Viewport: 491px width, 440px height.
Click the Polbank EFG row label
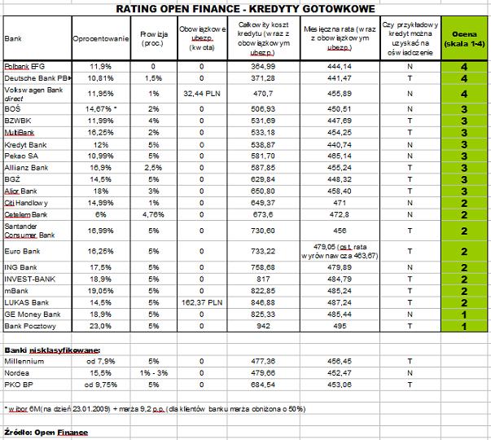[x=22, y=65]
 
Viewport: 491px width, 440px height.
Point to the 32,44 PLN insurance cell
[x=204, y=94]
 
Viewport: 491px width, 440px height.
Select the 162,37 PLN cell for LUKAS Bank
[x=204, y=301]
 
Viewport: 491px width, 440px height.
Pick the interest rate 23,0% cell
[x=100, y=326]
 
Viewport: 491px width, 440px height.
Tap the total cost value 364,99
[x=265, y=65]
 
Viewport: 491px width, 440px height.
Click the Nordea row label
[x=18, y=372]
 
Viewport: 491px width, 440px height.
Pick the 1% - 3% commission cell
[x=152, y=372]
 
